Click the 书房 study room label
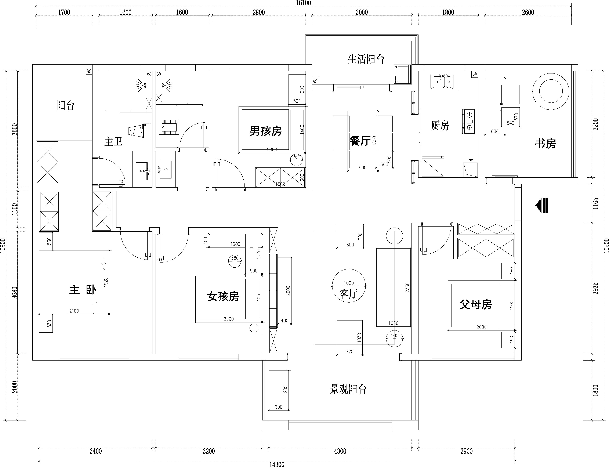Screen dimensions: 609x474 point(545,144)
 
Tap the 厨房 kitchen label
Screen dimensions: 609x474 point(440,126)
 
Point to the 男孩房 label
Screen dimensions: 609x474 point(265,131)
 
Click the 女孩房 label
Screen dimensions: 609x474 point(223,296)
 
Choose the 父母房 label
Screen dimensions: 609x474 point(476,304)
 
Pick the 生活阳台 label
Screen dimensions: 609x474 point(366,59)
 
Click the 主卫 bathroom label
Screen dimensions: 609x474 point(113,141)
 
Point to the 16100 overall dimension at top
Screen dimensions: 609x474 point(303,3)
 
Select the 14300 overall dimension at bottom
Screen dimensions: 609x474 point(277,464)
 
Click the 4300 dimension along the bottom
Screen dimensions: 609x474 point(340,451)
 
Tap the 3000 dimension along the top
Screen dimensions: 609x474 point(362,12)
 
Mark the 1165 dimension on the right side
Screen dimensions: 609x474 point(596,203)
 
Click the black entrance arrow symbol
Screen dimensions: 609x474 point(541,205)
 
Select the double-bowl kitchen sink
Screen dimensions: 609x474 point(442,81)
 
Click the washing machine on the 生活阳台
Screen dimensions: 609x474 point(402,74)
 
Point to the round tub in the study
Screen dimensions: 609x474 point(551,91)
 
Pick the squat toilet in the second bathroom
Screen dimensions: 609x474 point(169,127)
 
